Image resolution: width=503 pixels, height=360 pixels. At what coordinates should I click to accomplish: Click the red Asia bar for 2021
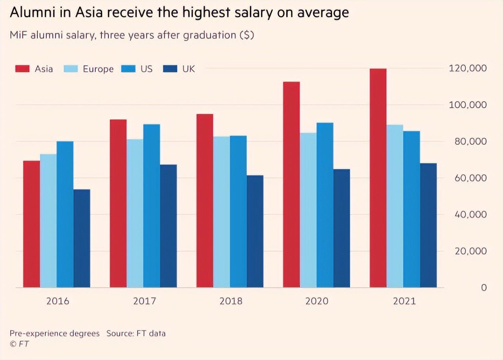click(378, 178)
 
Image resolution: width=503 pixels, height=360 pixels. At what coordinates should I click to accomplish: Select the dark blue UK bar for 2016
click(82, 238)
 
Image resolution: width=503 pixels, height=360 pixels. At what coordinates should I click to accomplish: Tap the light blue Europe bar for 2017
click(135, 213)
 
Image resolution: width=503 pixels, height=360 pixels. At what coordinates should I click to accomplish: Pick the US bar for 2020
click(325, 205)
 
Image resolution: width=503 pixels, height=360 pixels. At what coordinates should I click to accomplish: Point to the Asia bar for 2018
click(205, 201)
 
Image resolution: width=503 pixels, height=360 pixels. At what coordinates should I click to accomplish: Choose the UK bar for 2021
click(428, 225)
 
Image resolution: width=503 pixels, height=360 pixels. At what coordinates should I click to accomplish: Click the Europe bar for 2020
click(308, 210)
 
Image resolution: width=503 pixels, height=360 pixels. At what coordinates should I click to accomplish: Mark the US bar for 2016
click(65, 214)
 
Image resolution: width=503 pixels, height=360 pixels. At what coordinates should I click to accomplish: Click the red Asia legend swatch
click(23, 69)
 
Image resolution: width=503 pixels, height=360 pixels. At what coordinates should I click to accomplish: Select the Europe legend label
click(98, 69)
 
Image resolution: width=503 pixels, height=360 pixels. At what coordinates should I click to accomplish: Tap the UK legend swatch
click(170, 69)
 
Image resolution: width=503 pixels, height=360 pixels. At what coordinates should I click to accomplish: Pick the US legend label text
click(146, 69)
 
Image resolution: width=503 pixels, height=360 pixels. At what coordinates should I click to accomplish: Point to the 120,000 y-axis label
click(467, 68)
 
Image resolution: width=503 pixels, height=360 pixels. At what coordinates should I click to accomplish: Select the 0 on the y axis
click(483, 288)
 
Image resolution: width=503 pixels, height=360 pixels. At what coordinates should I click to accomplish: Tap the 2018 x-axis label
click(231, 301)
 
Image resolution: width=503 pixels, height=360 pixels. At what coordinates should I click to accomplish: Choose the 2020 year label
click(317, 301)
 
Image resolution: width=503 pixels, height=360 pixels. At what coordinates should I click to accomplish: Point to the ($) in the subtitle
click(247, 35)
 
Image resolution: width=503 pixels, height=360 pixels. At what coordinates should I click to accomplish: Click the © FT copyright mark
click(19, 344)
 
